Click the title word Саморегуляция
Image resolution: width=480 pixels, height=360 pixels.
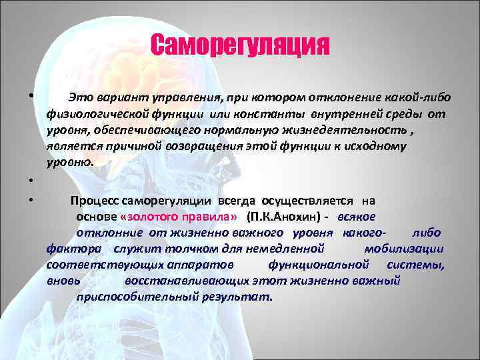click(240, 46)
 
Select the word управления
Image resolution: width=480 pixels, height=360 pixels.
click(171, 98)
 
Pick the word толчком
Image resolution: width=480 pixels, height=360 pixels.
click(179, 249)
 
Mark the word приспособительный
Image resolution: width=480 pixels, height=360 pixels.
click(126, 297)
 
